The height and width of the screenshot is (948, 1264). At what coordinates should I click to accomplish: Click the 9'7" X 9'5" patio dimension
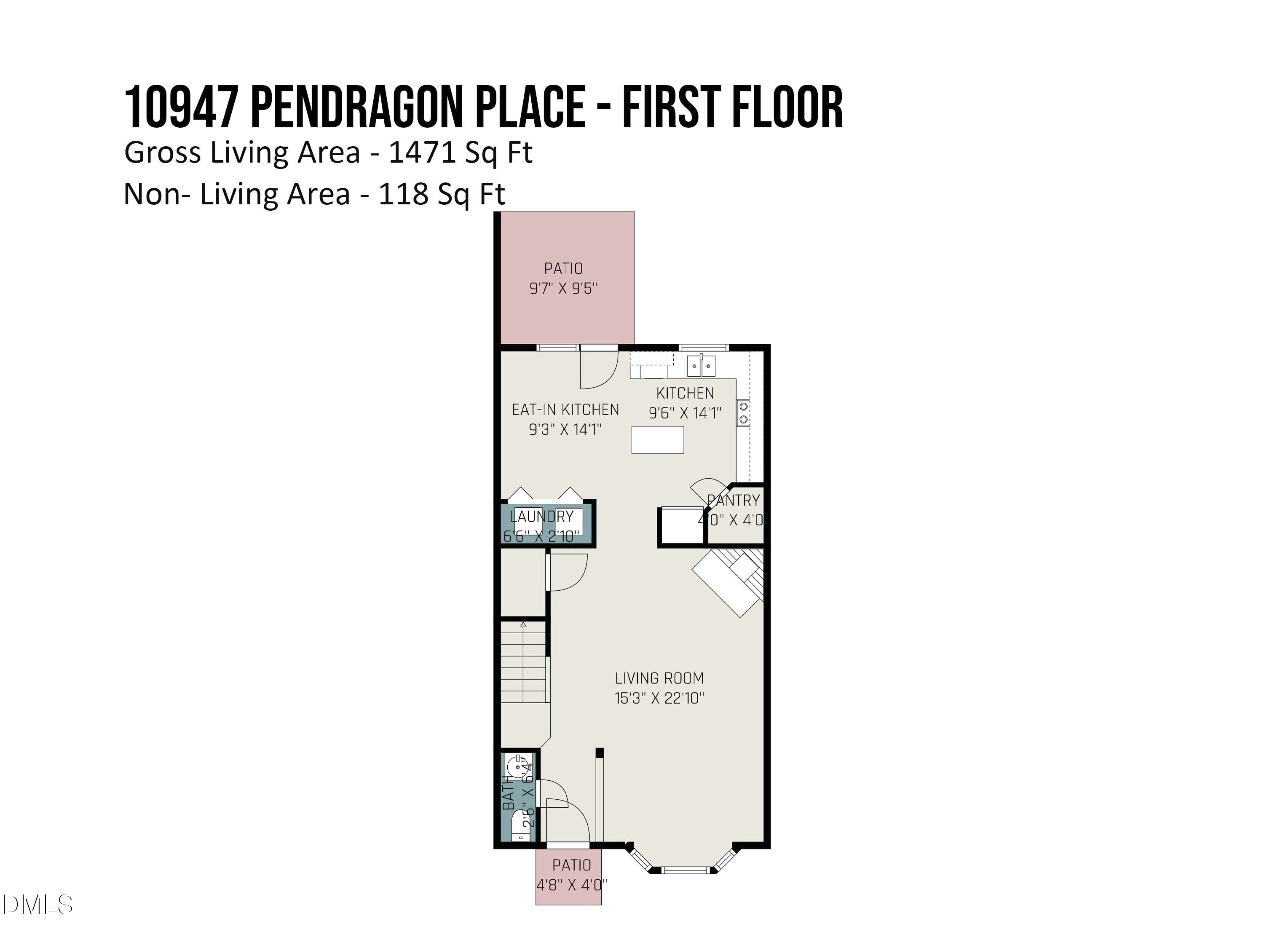click(563, 289)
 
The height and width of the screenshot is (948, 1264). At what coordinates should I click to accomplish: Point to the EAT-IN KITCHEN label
click(565, 410)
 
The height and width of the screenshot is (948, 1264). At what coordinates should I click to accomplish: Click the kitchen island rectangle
click(657, 440)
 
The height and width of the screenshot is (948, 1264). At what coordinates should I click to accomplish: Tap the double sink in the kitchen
click(701, 365)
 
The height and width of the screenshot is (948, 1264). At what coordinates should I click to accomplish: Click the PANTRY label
click(733, 501)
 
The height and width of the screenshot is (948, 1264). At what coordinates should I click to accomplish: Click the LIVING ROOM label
click(659, 678)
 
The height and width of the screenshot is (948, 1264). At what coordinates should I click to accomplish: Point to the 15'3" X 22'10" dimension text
click(659, 698)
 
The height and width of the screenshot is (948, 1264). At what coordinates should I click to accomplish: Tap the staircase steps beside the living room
click(523, 663)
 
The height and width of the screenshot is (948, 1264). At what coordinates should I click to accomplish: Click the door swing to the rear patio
click(599, 369)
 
